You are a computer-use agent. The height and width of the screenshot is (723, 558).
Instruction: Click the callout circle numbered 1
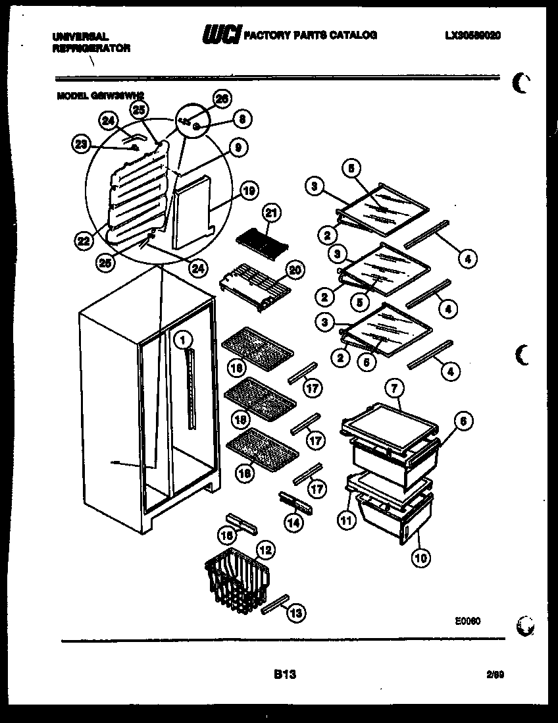click(x=184, y=340)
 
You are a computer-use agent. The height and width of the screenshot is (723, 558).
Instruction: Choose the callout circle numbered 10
click(x=421, y=557)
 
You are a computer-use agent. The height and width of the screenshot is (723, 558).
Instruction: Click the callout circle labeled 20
click(x=294, y=269)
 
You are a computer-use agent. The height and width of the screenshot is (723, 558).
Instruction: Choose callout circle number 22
click(x=83, y=241)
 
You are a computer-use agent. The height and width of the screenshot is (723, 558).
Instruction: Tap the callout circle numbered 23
click(x=82, y=146)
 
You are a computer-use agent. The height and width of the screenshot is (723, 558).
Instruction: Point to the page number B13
click(x=284, y=674)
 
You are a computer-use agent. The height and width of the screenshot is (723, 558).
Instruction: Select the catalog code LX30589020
click(x=472, y=36)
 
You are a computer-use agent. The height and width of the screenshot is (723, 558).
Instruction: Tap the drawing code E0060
click(x=468, y=620)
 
